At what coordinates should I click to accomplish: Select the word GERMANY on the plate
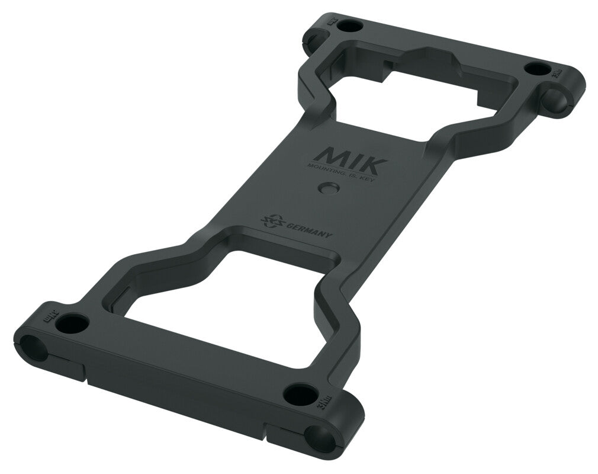point(308,230)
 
